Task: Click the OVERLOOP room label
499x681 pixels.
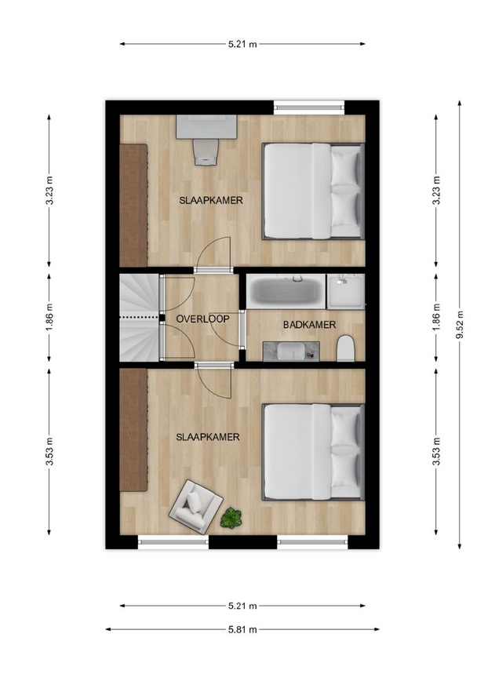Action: (x=202, y=319)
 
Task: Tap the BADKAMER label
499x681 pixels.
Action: (x=309, y=325)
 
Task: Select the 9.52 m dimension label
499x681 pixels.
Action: (x=460, y=325)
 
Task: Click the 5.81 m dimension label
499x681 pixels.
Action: (x=242, y=629)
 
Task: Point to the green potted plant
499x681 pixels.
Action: (x=231, y=518)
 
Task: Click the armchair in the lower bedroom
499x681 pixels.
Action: (x=195, y=506)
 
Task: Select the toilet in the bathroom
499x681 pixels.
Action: (x=346, y=348)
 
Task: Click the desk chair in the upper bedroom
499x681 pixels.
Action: (x=206, y=152)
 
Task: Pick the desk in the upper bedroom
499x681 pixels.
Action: (x=206, y=127)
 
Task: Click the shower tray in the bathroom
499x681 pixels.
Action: (x=346, y=291)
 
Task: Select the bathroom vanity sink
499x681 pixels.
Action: (x=291, y=351)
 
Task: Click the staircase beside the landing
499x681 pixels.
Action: (x=140, y=318)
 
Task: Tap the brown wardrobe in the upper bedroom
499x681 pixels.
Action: (x=133, y=205)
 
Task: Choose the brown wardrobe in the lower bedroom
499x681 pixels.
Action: (x=133, y=430)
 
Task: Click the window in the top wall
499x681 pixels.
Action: (x=309, y=107)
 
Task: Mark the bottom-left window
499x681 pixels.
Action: (x=173, y=541)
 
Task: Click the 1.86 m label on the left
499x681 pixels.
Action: (x=49, y=318)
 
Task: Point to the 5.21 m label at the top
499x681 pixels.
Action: (x=242, y=44)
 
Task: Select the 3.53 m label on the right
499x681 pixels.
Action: (x=436, y=452)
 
